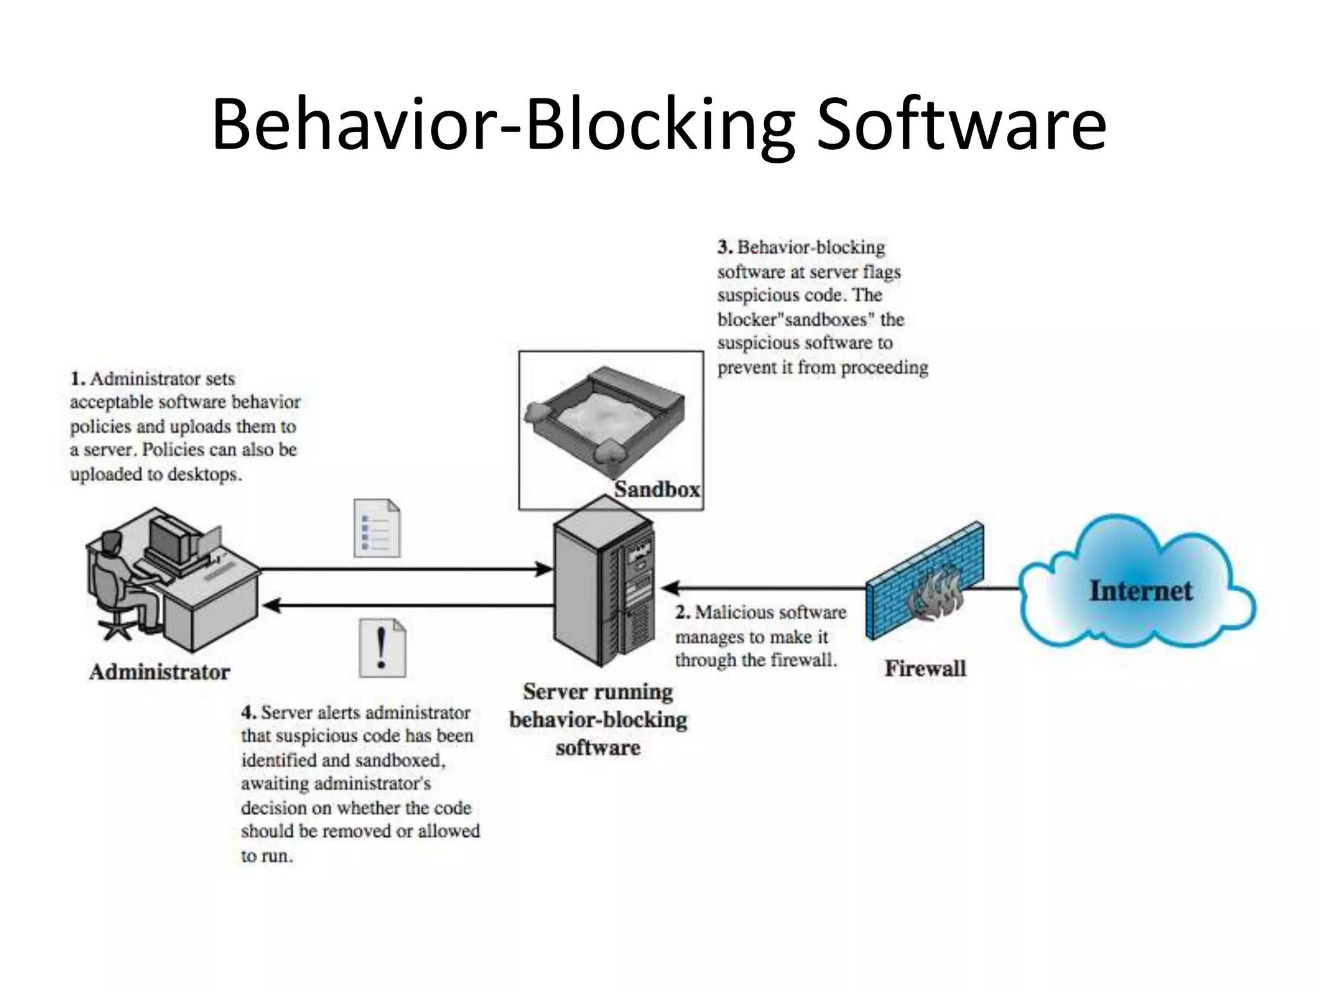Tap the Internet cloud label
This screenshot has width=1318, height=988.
click(1140, 590)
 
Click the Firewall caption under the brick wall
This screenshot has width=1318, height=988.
click(925, 668)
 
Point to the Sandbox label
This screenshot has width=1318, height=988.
click(656, 489)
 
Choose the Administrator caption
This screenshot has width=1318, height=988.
click(160, 672)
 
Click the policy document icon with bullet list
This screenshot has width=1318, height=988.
click(377, 528)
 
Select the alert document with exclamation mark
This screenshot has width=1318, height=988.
click(382, 648)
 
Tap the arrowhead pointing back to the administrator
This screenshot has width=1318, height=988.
click(272, 605)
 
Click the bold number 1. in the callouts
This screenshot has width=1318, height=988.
click(78, 379)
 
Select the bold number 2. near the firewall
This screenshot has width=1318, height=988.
click(683, 612)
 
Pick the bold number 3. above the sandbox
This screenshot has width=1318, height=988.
click(725, 248)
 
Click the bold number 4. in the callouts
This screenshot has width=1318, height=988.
click(249, 713)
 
